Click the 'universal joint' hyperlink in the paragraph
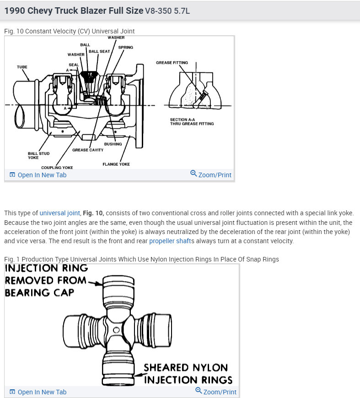point(60,213)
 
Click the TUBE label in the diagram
point(22,67)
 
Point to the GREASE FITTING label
point(172,63)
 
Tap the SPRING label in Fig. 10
point(125,47)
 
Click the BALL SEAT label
point(99,51)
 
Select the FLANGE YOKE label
point(116,164)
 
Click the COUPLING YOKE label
point(57,168)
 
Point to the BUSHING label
point(113,144)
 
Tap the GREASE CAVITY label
point(88,150)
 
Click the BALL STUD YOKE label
point(39,156)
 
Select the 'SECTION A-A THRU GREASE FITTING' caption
point(192,122)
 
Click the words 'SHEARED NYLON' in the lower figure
point(185,368)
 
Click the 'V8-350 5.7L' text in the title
point(167,11)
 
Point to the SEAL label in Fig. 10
point(73,65)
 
